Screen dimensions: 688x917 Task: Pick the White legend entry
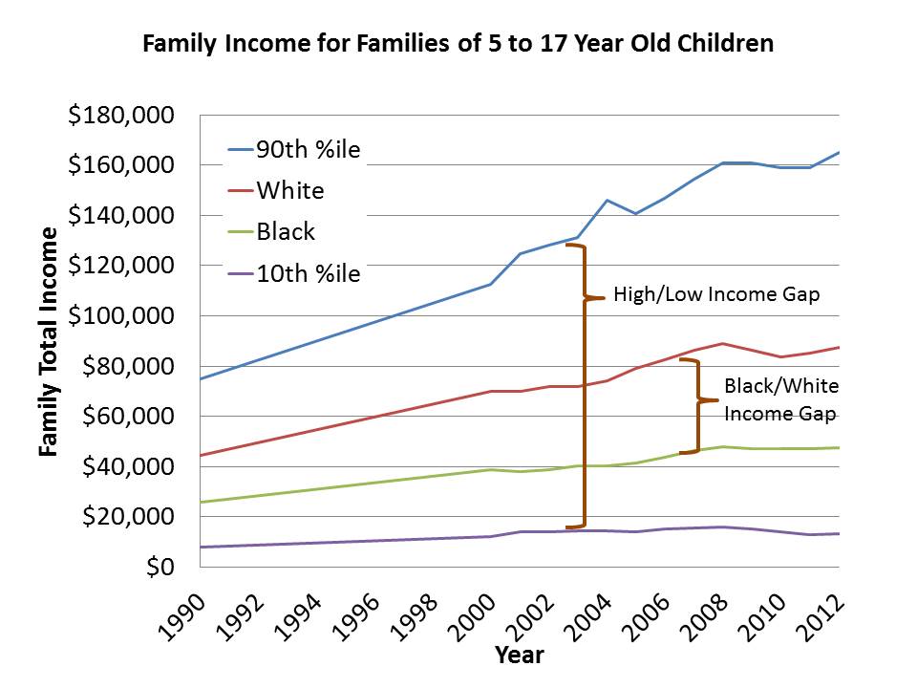pyautogui.click(x=290, y=190)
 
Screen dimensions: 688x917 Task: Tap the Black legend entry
pyautogui.click(x=286, y=232)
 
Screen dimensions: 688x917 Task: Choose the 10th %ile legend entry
pyautogui.click(x=308, y=274)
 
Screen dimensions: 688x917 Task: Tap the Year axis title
pyautogui.click(x=519, y=655)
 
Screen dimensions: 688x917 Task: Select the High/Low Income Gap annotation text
pyautogui.click(x=716, y=294)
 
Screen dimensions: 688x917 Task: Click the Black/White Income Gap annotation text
pyautogui.click(x=779, y=399)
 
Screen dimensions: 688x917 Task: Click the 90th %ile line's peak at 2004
pyautogui.click(x=607, y=200)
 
